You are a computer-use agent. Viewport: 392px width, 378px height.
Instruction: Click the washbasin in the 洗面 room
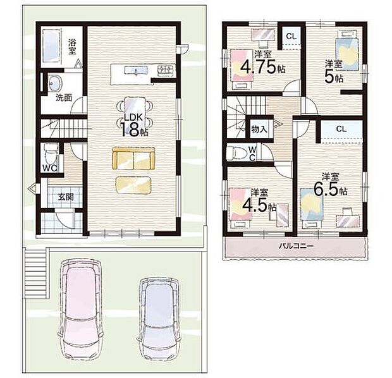54,83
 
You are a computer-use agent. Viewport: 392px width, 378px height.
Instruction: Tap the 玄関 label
66,197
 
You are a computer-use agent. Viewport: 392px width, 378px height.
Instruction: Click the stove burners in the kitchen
164,70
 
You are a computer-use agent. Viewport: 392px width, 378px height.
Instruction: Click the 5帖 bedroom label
334,71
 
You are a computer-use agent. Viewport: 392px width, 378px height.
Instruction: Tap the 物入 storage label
258,129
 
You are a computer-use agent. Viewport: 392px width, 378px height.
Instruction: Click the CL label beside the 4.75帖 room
290,36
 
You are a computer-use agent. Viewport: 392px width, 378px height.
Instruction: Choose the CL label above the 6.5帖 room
341,128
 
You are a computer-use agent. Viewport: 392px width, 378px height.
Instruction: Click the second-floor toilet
240,153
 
